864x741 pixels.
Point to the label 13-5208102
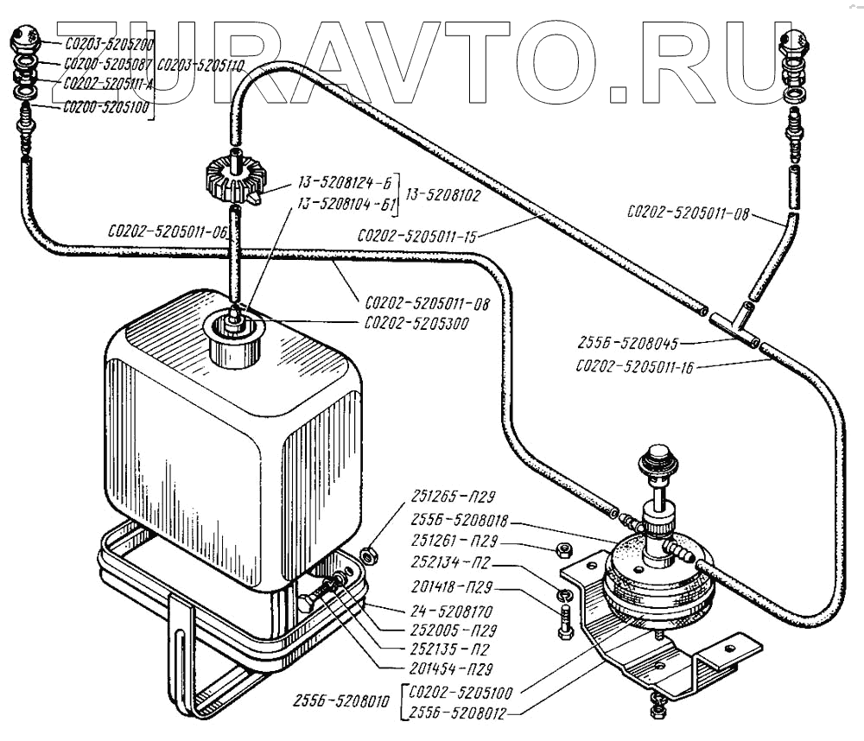442,195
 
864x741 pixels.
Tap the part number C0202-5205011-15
416,234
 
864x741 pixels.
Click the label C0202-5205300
411,324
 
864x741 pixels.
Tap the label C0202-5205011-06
168,231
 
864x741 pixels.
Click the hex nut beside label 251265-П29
367,554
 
